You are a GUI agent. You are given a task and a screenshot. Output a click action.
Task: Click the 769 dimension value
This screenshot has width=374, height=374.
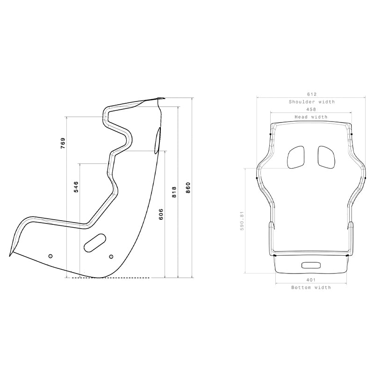(63, 144)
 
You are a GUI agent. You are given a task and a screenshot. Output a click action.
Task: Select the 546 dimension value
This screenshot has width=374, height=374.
(76, 187)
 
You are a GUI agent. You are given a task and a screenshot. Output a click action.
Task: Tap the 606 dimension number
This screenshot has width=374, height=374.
(161, 214)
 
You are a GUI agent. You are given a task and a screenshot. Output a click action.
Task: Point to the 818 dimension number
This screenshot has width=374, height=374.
(174, 192)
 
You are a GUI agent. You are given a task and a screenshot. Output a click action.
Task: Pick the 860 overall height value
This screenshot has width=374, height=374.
(188, 188)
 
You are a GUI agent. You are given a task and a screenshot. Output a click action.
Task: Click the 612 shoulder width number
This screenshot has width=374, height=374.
(312, 94)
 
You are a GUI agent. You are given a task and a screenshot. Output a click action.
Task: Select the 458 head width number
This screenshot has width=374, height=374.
(311, 109)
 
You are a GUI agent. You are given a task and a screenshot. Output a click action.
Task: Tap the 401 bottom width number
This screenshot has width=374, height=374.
(311, 280)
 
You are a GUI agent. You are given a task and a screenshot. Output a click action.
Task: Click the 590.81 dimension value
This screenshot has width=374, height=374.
(242, 221)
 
